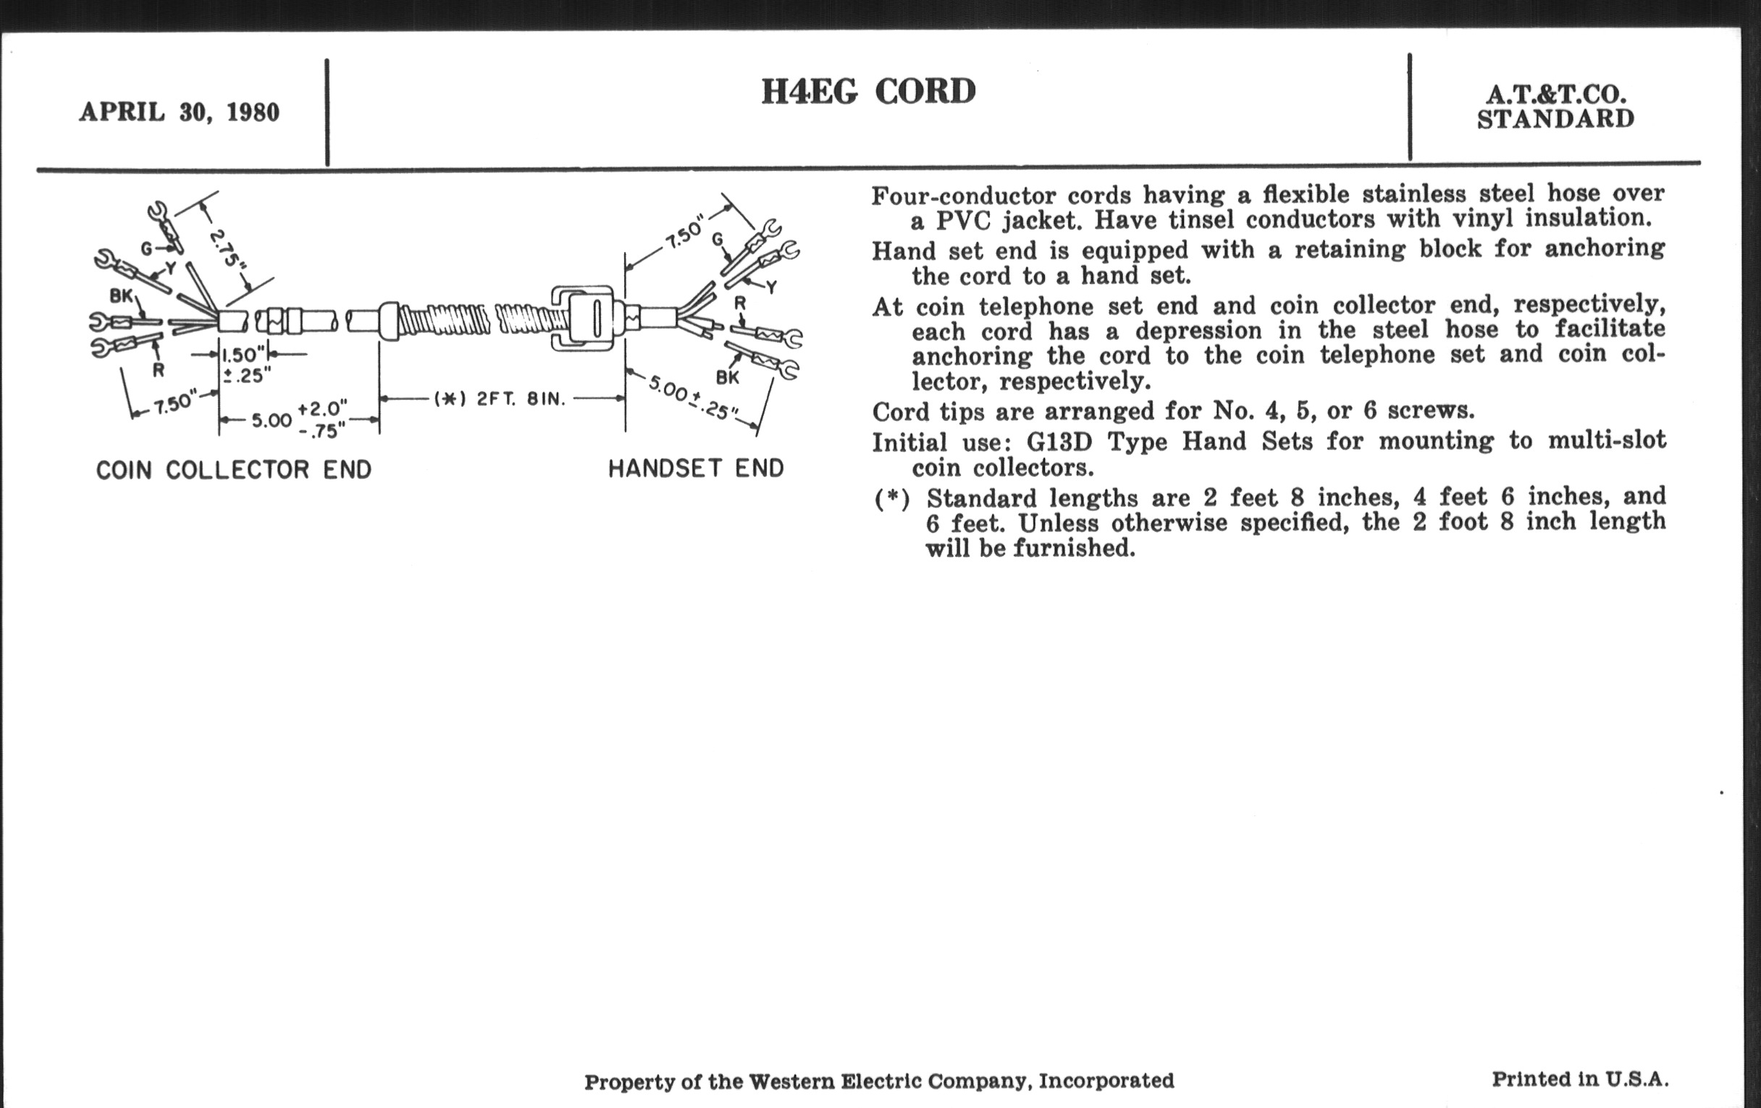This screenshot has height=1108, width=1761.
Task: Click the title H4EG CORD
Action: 868,92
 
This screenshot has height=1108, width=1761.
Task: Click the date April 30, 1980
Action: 179,113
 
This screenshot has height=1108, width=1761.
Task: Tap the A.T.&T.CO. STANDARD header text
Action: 1555,106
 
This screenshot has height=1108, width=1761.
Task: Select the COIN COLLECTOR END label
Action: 234,469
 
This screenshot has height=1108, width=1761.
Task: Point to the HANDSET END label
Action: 696,468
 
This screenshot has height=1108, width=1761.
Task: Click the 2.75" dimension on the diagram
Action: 227,248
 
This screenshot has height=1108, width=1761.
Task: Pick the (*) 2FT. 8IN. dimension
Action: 500,399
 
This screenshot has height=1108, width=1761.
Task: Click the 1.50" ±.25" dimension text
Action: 243,365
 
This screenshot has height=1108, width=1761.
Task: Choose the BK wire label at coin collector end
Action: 122,295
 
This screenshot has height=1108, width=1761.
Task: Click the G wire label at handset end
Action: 718,239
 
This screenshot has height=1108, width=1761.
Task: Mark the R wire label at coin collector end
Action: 158,370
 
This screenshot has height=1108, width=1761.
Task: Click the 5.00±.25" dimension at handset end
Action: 689,398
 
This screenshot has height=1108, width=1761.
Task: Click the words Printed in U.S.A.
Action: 1580,1080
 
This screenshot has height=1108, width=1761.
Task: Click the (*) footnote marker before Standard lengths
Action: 891,500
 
